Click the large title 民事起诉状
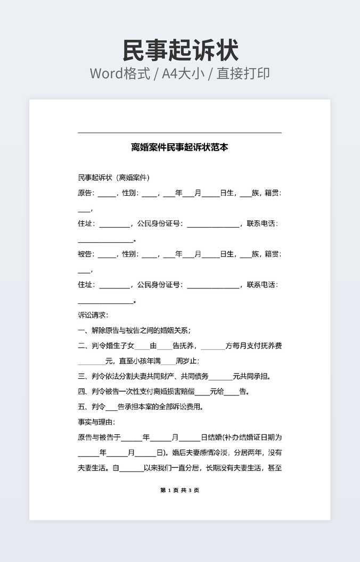(x=180, y=51)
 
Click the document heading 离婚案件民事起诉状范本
(x=179, y=147)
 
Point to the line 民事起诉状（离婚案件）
(x=113, y=177)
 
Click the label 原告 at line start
(x=85, y=193)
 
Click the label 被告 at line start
(x=85, y=254)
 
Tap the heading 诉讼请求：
(x=93, y=315)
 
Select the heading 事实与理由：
(x=96, y=423)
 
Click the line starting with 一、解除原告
(x=134, y=330)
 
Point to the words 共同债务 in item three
(x=194, y=377)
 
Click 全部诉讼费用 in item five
(x=181, y=408)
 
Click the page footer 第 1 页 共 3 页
(x=179, y=490)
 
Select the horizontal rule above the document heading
(x=179, y=133)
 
